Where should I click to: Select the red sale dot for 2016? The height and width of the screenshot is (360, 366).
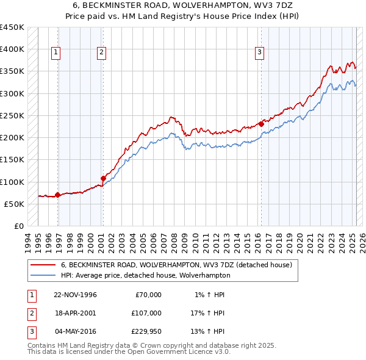tap(261, 124)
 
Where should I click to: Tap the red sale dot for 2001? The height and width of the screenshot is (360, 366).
tap(103, 178)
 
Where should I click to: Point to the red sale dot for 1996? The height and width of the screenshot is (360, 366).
tap(58, 195)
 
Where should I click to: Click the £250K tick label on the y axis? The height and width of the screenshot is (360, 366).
tap(12, 115)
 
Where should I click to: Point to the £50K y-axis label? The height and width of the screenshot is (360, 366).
tap(15, 204)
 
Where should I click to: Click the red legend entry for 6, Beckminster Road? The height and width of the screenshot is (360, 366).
tap(176, 265)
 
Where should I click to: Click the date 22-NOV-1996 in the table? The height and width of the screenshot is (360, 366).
tap(76, 295)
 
